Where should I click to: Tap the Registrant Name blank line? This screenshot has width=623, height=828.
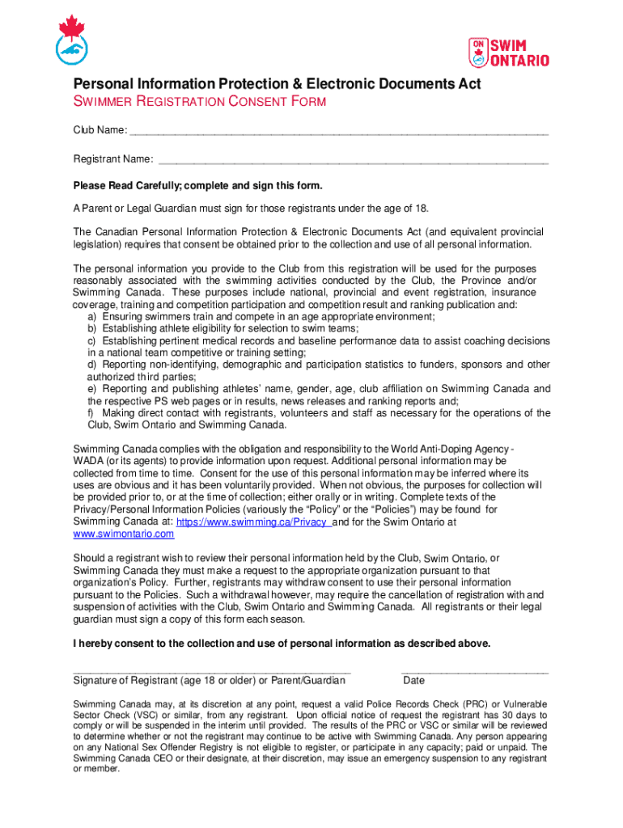click(x=353, y=160)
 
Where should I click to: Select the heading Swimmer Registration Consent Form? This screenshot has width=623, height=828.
click(x=200, y=102)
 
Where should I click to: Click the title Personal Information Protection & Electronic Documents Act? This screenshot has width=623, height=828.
click(x=277, y=84)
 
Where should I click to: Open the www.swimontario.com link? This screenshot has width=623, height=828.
click(x=124, y=534)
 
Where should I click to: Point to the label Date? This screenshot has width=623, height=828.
click(x=413, y=681)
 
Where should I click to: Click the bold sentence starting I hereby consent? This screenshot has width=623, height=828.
click(x=282, y=644)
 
